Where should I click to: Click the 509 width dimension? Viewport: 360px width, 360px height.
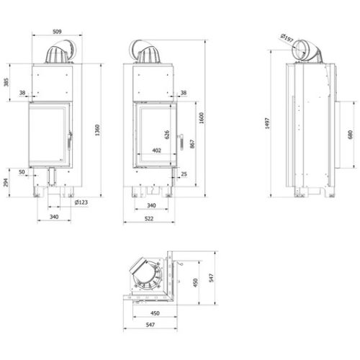[57, 32]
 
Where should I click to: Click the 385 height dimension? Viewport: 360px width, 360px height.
[6, 82]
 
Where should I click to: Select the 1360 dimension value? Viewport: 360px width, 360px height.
[97, 130]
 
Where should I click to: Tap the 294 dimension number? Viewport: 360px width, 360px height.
[6, 183]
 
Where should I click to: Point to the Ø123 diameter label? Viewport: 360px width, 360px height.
[81, 202]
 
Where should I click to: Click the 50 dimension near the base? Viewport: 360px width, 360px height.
[22, 172]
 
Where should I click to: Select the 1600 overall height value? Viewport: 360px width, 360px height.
[202, 118]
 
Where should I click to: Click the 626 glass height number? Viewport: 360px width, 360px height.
[167, 135]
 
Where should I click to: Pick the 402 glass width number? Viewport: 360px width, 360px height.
[156, 150]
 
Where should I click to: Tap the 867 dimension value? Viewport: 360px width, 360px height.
[192, 144]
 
